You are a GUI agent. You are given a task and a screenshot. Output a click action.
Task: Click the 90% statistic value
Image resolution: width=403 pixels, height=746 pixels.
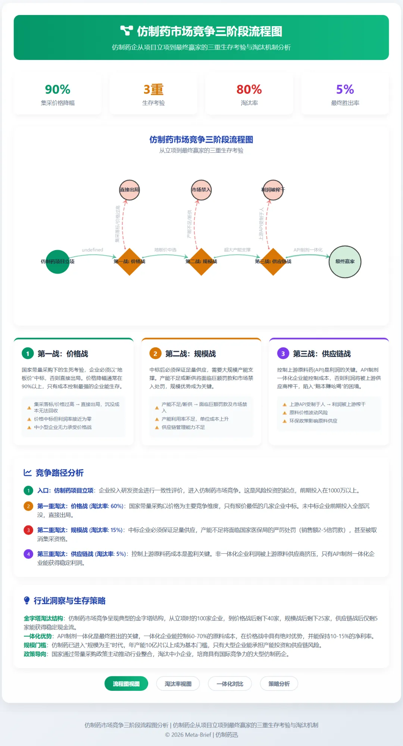(57, 89)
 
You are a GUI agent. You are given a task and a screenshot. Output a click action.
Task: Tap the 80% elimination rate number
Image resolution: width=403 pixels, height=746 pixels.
(249, 89)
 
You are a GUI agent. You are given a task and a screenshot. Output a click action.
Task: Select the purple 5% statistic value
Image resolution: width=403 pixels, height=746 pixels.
(345, 89)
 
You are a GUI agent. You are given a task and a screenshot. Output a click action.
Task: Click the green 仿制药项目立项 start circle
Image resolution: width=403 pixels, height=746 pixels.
(57, 262)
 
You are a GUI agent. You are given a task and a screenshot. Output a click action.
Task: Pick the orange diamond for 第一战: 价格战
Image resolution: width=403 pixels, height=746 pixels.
(129, 262)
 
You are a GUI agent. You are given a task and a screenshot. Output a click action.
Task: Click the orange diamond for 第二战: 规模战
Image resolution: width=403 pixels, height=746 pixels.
(201, 262)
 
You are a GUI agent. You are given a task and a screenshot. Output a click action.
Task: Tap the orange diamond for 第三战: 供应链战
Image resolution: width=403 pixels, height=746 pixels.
(273, 262)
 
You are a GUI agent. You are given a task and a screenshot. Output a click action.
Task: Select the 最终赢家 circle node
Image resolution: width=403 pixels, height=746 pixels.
(345, 262)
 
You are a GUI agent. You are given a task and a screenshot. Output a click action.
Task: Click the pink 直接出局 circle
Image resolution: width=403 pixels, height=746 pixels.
(129, 190)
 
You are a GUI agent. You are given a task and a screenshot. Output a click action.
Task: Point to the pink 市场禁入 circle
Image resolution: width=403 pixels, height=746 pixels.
(201, 190)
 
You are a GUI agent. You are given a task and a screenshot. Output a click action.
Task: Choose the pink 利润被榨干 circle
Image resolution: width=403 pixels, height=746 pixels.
(273, 190)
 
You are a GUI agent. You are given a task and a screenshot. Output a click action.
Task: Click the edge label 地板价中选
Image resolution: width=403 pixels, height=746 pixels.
(165, 250)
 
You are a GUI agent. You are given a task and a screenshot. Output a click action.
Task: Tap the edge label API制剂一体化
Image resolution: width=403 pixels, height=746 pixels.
(308, 250)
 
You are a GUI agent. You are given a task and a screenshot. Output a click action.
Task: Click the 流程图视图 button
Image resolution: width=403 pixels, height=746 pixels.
(126, 684)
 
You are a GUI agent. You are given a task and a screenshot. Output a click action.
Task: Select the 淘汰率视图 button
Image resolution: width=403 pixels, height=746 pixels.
(178, 684)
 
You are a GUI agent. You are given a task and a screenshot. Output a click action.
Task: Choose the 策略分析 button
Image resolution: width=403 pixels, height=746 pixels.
(279, 684)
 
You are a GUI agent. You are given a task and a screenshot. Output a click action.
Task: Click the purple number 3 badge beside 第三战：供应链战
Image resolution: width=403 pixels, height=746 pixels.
(283, 354)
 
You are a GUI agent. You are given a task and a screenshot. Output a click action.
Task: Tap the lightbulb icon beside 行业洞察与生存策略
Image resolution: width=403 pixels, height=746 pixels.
(27, 600)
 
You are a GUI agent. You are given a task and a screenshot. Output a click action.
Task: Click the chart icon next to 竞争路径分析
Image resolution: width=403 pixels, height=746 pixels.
(28, 473)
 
